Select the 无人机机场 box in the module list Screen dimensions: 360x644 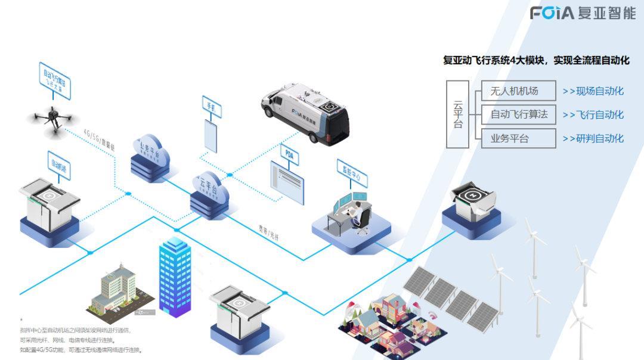[518, 91]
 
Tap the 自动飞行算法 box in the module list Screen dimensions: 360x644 [518, 114]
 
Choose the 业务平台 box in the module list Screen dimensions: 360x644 [518, 138]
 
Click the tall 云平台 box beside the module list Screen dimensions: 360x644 [458, 114]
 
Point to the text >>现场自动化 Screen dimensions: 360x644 [593, 91]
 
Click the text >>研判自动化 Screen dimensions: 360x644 [593, 138]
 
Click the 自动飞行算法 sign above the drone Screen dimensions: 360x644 [55, 79]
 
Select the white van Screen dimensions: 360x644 [305, 114]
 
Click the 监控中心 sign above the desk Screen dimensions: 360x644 [352, 172]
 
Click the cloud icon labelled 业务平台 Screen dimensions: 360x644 [150, 156]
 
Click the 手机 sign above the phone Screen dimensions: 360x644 [212, 108]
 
